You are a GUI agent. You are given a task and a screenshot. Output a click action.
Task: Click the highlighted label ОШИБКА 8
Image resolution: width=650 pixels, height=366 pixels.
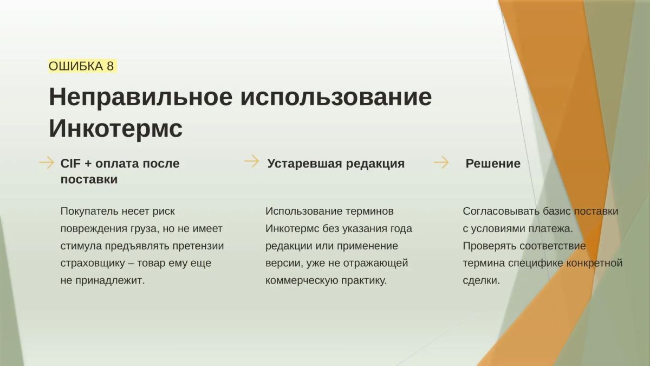pyautogui.click(x=82, y=66)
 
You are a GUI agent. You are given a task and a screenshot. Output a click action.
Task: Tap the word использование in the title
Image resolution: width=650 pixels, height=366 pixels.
pyautogui.click(x=336, y=97)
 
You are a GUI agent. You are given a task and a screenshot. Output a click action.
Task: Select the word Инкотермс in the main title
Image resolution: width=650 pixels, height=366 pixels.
pyautogui.click(x=116, y=129)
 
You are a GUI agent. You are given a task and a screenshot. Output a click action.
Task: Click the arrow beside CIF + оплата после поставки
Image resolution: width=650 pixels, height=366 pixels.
pyautogui.click(x=47, y=162)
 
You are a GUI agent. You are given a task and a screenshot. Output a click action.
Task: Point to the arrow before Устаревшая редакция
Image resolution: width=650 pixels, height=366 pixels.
pyautogui.click(x=251, y=161)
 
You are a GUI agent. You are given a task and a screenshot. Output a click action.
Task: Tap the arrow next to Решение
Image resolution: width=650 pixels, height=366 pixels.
pyautogui.click(x=441, y=162)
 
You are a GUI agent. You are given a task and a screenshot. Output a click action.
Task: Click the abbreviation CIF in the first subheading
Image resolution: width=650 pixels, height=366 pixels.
pyautogui.click(x=70, y=164)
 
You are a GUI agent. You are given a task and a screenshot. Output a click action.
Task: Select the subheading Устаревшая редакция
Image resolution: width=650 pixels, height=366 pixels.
pyautogui.click(x=336, y=164)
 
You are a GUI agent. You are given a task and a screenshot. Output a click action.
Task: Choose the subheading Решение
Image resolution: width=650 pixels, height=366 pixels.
pyautogui.click(x=493, y=164)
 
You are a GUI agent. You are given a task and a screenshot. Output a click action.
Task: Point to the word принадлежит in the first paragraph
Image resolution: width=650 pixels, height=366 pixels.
pyautogui.click(x=110, y=281)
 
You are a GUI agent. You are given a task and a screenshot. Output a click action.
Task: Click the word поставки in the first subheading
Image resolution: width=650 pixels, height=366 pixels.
pyautogui.click(x=89, y=179)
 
